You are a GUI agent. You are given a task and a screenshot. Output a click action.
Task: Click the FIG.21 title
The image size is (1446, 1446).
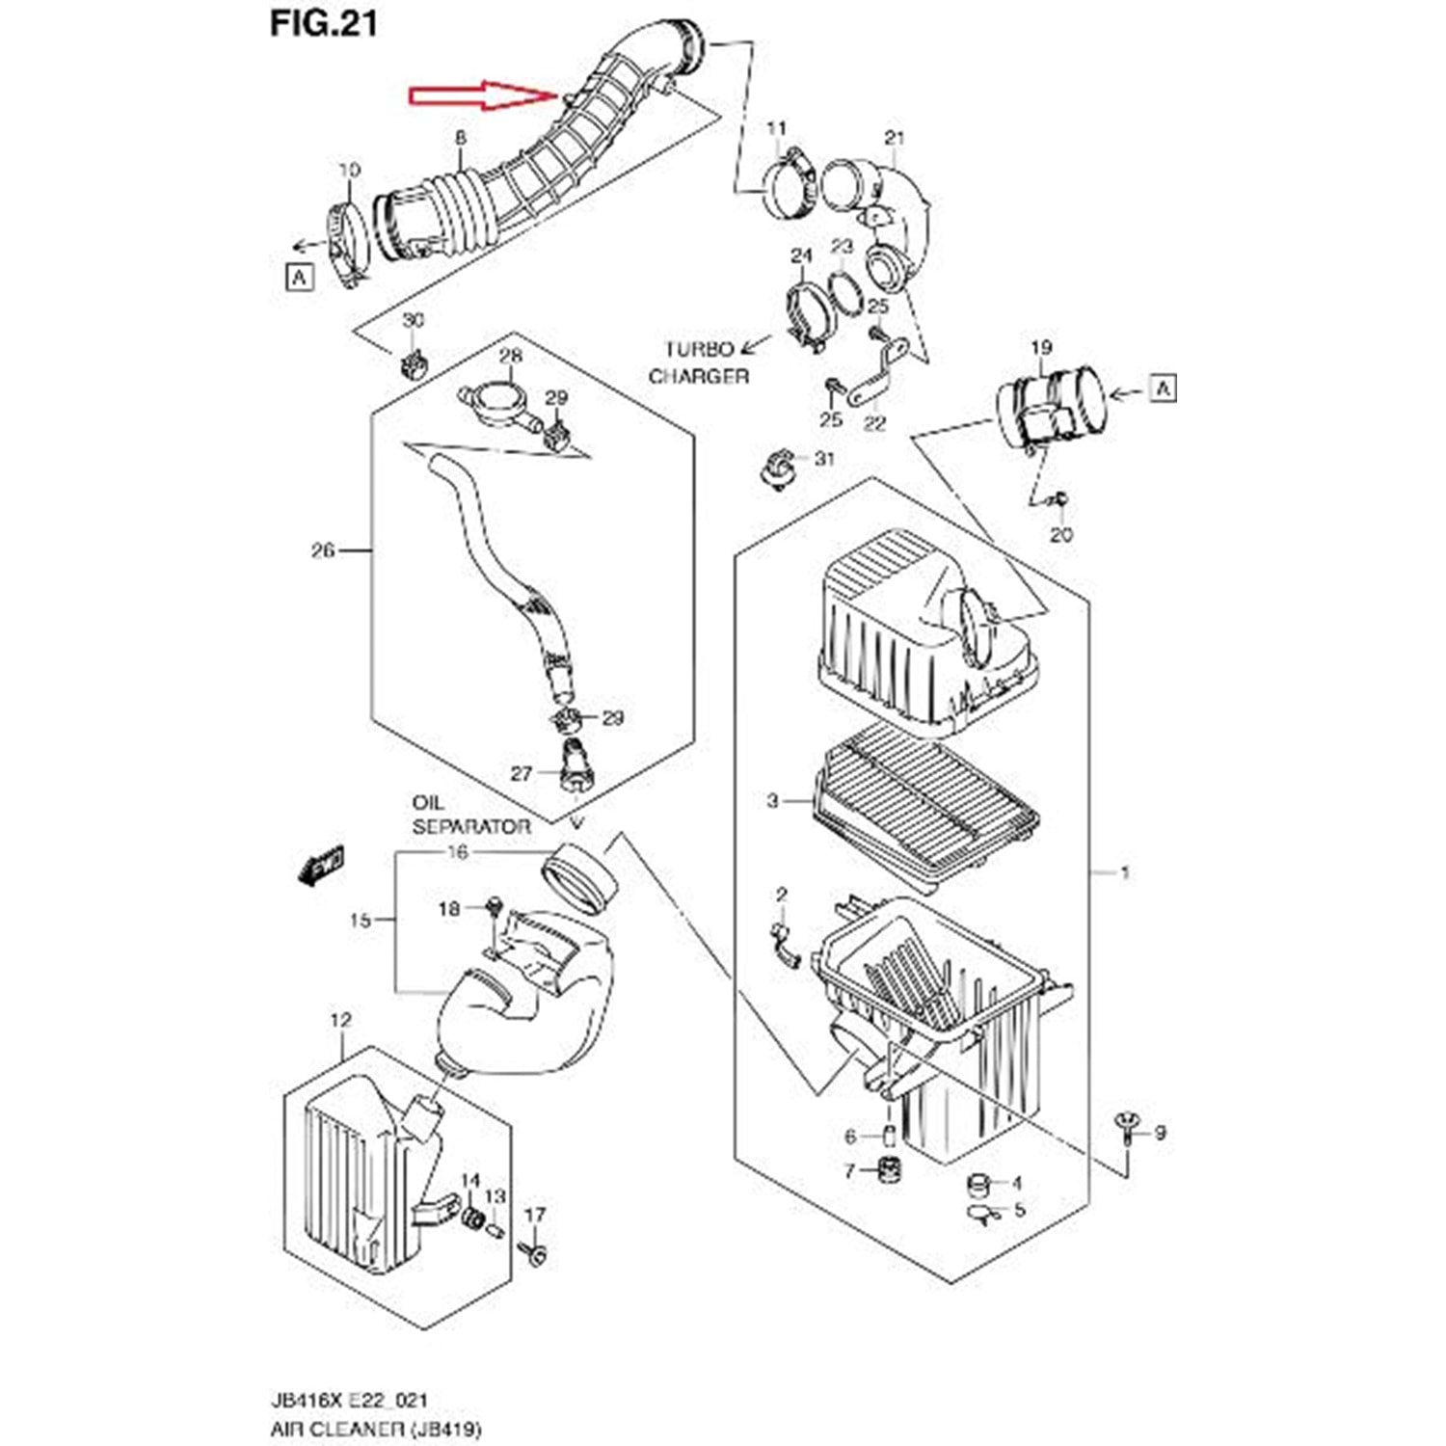pyautogui.click(x=323, y=23)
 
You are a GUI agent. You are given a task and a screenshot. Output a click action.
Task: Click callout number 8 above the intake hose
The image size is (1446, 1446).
pyautogui.click(x=461, y=139)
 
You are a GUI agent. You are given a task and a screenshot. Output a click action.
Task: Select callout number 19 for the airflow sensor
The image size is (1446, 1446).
pyautogui.click(x=1041, y=347)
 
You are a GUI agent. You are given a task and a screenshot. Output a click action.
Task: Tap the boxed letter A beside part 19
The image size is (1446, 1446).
pyautogui.click(x=1164, y=388)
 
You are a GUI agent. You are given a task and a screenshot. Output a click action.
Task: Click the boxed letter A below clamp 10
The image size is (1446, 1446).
pyautogui.click(x=301, y=278)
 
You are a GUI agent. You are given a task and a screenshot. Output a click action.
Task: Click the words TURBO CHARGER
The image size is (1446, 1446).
pyautogui.click(x=699, y=362)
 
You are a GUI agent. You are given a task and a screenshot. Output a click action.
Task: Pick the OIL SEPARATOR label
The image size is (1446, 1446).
pyautogui.click(x=470, y=815)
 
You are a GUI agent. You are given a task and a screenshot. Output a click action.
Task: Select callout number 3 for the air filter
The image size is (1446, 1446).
pyautogui.click(x=772, y=800)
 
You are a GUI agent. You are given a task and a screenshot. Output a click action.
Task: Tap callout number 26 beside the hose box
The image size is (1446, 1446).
pyautogui.click(x=323, y=550)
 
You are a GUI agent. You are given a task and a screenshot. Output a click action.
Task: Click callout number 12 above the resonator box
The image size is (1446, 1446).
pyautogui.click(x=340, y=1020)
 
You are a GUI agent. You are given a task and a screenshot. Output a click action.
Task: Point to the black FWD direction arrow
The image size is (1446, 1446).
pyautogui.click(x=322, y=863)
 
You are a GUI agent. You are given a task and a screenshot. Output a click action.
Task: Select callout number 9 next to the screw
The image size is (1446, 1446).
pyautogui.click(x=1160, y=1133)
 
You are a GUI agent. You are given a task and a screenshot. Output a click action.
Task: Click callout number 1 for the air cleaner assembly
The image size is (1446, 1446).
pyautogui.click(x=1124, y=872)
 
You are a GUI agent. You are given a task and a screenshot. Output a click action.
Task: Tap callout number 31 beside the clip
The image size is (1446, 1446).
pyautogui.click(x=824, y=458)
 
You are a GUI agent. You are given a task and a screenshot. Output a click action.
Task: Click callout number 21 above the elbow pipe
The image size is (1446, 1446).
pyautogui.click(x=895, y=138)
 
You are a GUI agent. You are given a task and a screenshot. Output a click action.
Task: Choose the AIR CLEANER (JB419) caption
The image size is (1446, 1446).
pyautogui.click(x=376, y=1428)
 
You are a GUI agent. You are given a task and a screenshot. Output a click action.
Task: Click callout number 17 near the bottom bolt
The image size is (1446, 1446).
pyautogui.click(x=535, y=1216)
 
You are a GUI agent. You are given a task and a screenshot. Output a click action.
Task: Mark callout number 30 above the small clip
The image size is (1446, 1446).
pyautogui.click(x=413, y=320)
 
